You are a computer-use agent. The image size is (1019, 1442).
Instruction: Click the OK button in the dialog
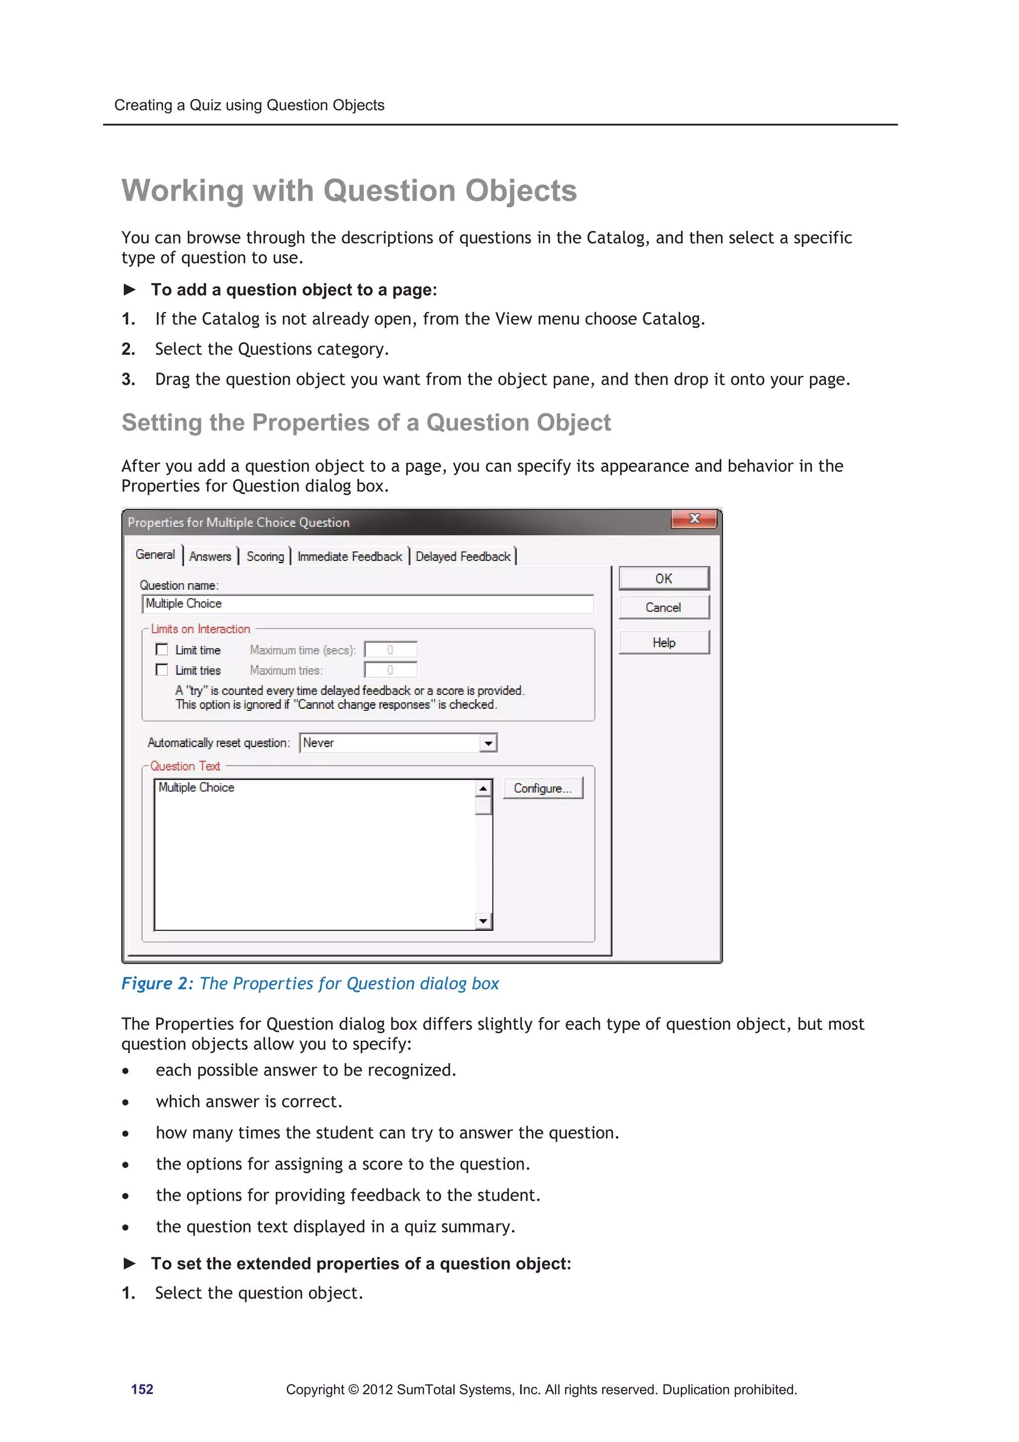pos(664,578)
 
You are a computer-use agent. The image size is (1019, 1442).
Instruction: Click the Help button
pos(664,643)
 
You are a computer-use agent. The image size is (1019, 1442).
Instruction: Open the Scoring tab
pos(265,556)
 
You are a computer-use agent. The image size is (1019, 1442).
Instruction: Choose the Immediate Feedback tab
pos(349,556)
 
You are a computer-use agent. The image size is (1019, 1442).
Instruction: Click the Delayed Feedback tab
pos(463,556)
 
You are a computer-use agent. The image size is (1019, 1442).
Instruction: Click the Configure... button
pos(542,788)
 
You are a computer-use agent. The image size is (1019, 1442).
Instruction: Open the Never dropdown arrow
pos(488,743)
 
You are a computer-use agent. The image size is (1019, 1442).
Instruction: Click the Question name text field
pos(367,604)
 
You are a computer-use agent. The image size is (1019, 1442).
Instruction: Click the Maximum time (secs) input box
pos(391,650)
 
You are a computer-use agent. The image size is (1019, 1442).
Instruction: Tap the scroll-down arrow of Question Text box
pos(483,921)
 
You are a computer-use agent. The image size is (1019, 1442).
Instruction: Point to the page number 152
pos(142,1389)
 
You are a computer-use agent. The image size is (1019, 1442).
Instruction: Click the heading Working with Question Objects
pos(349,190)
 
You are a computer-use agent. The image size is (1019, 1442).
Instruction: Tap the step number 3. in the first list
pos(128,379)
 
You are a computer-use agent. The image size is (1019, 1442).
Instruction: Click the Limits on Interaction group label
pos(201,629)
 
